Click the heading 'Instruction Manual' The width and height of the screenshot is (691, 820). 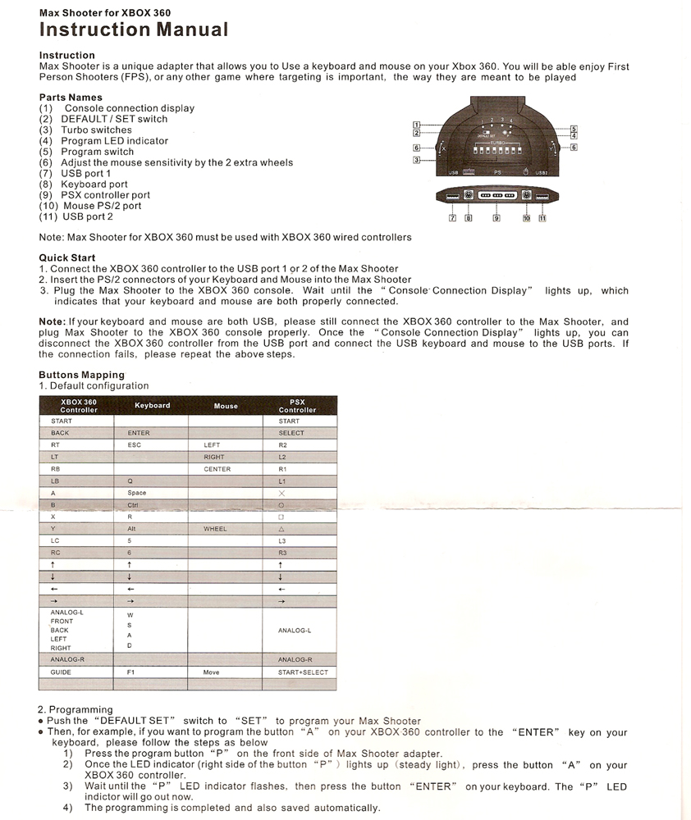pos(133,30)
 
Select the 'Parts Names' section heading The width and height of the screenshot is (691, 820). pos(71,98)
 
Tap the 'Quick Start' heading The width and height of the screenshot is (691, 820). pos(67,257)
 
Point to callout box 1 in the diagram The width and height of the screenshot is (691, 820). pos(416,124)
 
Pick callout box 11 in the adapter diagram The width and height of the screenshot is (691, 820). pos(542,218)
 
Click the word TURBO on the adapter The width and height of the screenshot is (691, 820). pos(495,143)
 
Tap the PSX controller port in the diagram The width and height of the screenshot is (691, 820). pos(496,197)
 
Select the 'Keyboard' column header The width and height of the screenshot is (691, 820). pos(152,405)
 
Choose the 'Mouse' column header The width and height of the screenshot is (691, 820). pos(225,406)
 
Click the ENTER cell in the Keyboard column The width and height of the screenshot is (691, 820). pos(139,433)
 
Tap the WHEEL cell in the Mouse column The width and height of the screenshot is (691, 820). pos(215,529)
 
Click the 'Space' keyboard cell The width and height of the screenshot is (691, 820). pos(137,493)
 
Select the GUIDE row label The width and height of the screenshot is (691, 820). pos(61,672)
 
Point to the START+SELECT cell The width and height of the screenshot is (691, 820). pos(302,672)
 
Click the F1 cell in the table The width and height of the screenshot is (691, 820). pos(131,672)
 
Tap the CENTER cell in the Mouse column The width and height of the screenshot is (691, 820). pos(217,469)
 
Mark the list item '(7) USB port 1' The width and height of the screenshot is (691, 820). pos(75,173)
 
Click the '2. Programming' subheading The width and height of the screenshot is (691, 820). pos(75,709)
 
